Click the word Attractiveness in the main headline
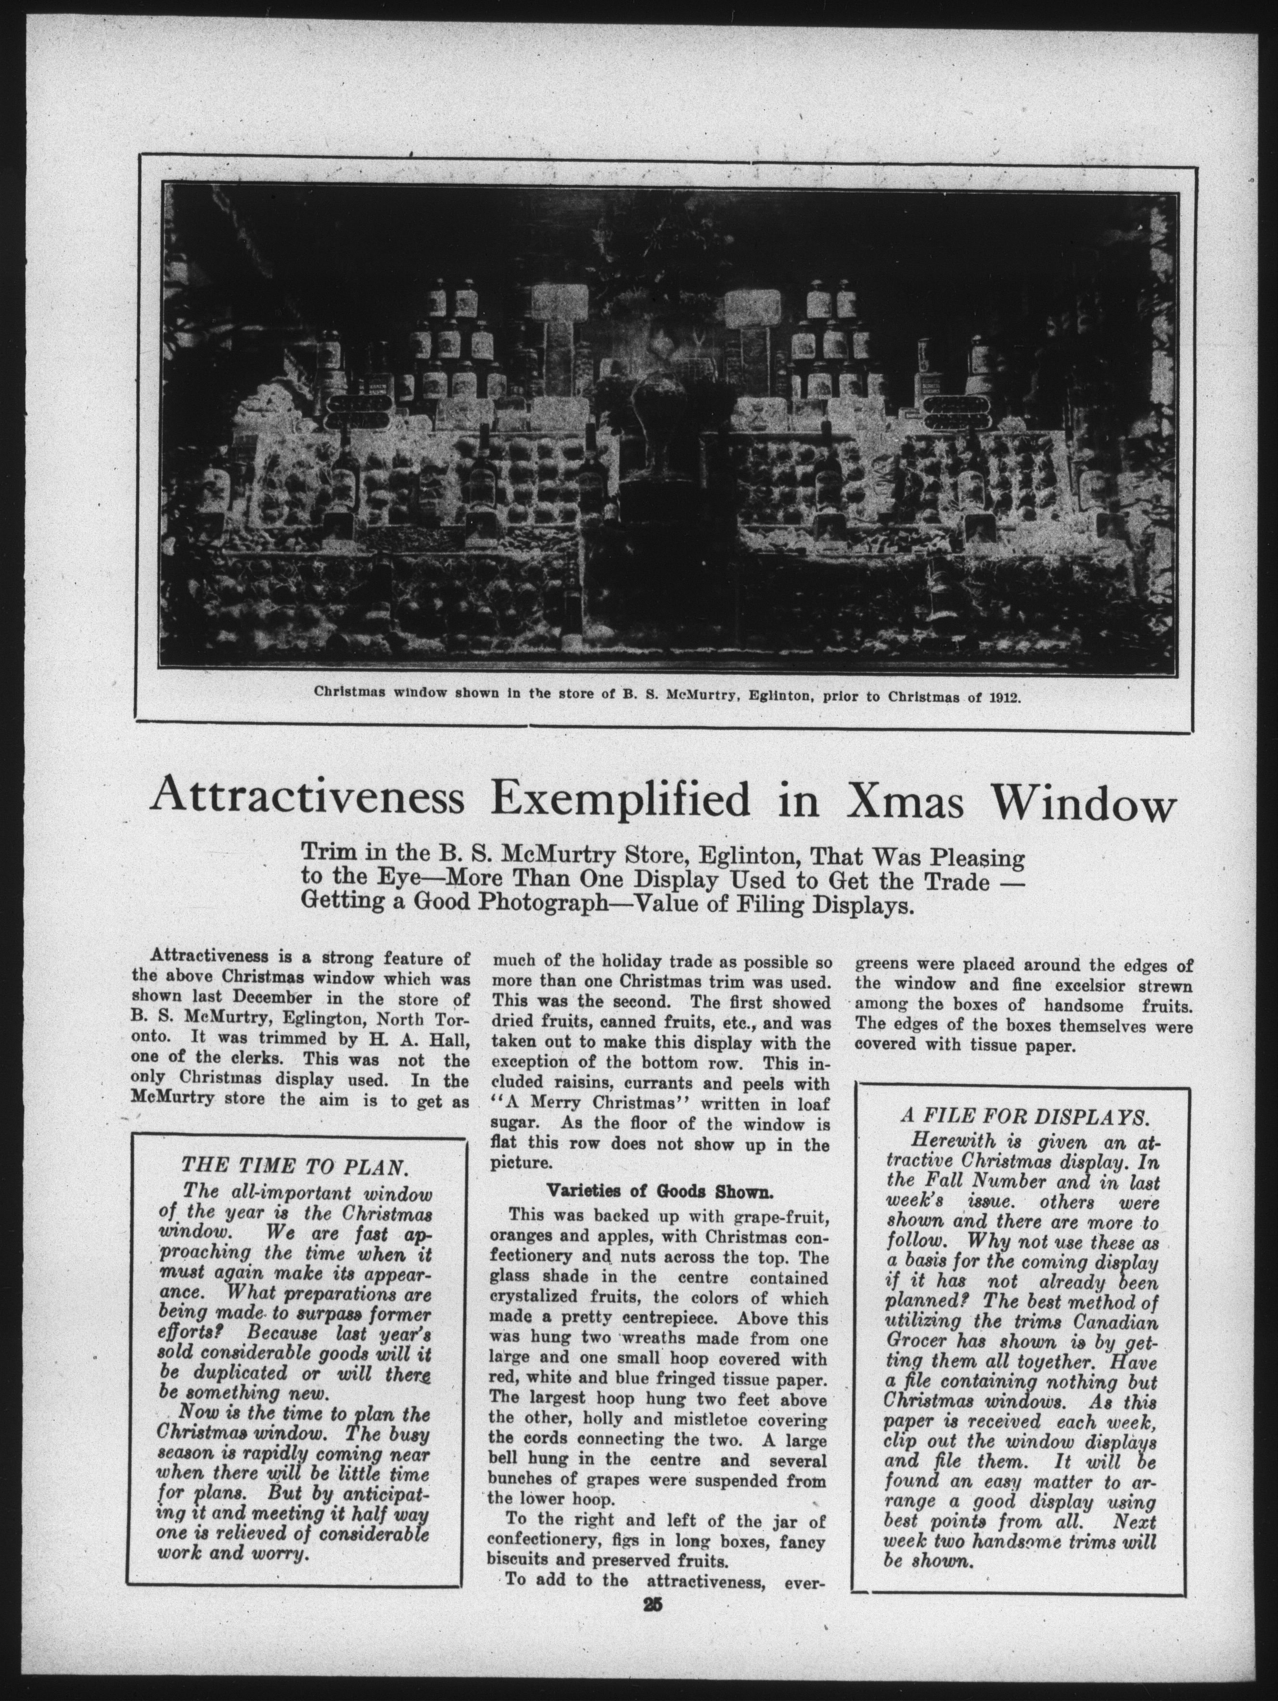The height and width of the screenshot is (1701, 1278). pos(307,799)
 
